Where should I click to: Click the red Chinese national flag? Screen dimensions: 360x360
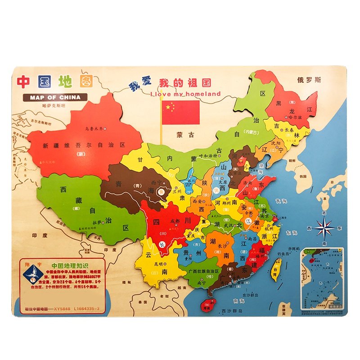180,112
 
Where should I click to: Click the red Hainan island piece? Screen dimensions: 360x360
206,305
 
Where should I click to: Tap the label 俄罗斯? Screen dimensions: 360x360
309,81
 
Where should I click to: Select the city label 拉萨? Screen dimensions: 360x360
97,222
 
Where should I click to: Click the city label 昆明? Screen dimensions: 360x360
157,263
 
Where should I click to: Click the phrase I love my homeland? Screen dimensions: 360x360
185,94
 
